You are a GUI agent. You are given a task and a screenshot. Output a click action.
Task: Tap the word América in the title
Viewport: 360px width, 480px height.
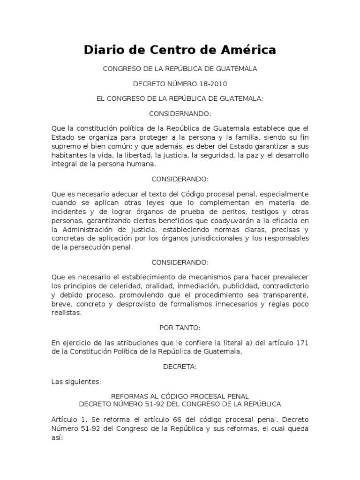tap(247, 49)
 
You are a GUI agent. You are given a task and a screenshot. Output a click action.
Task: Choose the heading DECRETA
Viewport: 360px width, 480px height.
tap(180, 367)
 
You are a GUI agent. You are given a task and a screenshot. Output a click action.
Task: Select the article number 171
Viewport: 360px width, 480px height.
tap(301, 343)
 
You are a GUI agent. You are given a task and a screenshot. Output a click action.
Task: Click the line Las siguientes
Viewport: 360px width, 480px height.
tap(76, 382)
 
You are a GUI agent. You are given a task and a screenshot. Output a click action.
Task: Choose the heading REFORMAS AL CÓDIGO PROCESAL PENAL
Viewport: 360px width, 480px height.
tap(180, 396)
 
